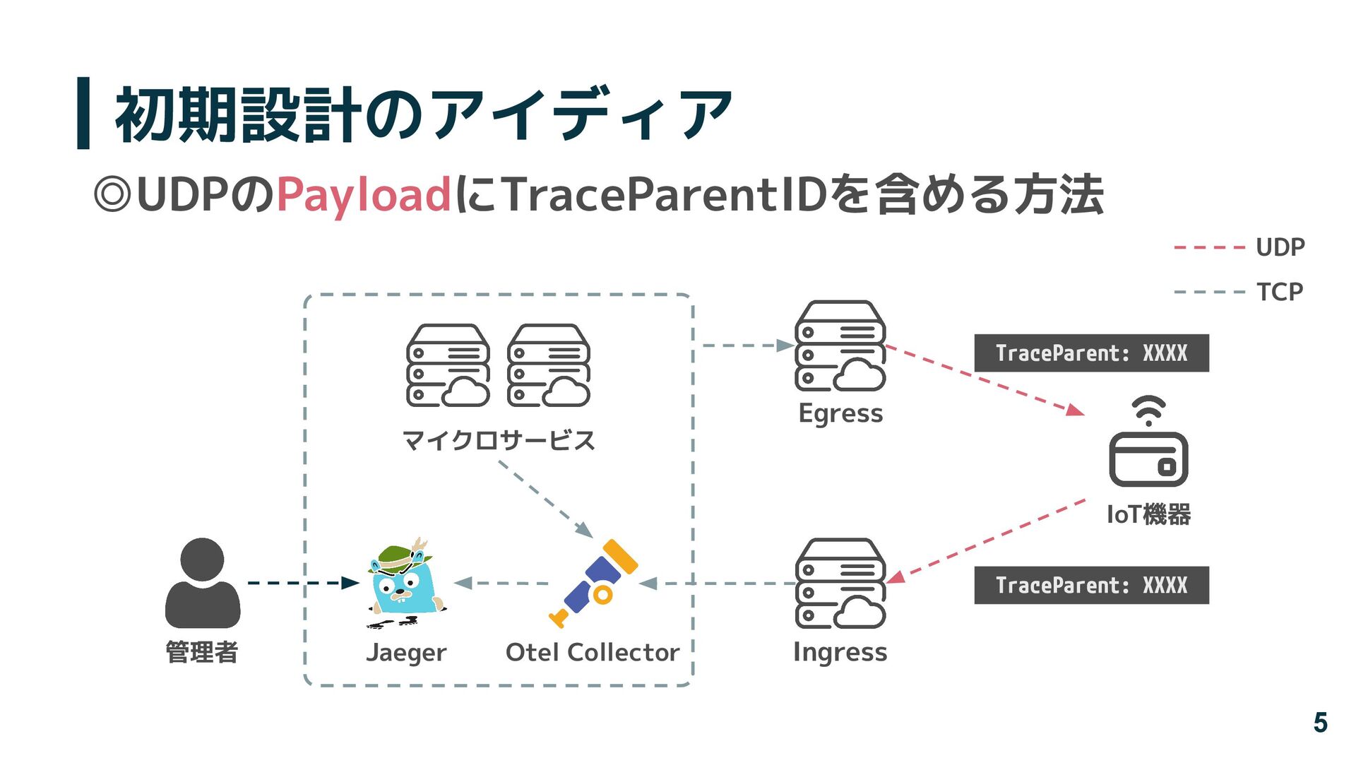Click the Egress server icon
tap(840, 346)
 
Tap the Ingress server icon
tap(840, 584)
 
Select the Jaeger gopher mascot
tap(405, 584)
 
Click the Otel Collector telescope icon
tap(595, 582)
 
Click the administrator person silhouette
tap(202, 584)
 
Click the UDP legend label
tap(1280, 247)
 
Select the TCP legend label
tap(1279, 292)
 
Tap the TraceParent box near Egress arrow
tap(1091, 353)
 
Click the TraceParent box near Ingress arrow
tap(1091, 585)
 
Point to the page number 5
tap(1320, 722)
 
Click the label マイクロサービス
tap(499, 440)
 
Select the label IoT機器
tap(1148, 514)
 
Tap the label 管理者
tap(202, 651)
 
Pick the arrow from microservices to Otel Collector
tap(545, 499)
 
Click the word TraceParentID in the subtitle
tap(664, 195)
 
